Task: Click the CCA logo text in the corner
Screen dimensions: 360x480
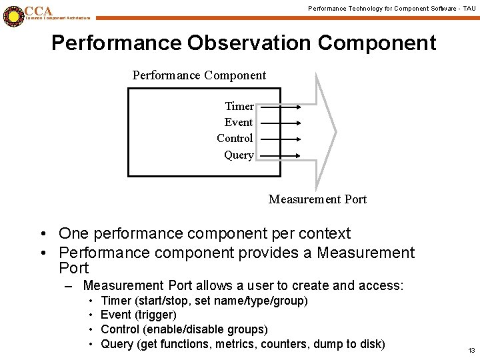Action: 39,11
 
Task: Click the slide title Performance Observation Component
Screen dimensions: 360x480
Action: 243,43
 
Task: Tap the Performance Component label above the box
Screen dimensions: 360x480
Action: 199,75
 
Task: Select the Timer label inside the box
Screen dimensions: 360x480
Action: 239,106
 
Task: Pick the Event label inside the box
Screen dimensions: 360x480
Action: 238,122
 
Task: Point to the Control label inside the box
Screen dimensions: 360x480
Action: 235,138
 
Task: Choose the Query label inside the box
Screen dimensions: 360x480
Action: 238,155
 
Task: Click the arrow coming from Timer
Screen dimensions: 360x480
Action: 279,106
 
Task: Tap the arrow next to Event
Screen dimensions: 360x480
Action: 279,122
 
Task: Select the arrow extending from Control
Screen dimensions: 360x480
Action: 279,139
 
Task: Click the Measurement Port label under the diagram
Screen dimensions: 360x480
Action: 317,199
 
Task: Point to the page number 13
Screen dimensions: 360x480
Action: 471,351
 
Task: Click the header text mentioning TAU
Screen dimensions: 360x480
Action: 391,8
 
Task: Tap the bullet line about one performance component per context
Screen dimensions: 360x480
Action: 204,233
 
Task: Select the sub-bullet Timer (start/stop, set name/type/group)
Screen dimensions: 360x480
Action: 204,301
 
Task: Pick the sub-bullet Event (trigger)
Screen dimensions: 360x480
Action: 138,315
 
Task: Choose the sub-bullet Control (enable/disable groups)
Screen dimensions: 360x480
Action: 184,329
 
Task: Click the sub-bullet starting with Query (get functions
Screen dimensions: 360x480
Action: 243,344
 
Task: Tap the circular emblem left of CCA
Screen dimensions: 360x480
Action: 13,15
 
